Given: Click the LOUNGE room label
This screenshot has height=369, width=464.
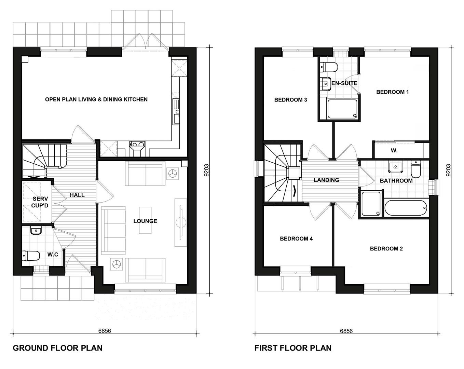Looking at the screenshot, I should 145,221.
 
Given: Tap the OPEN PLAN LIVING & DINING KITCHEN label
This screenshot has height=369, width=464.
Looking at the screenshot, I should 96,99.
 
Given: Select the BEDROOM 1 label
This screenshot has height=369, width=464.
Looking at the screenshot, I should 392,92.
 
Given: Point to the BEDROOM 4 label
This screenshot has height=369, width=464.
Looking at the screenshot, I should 296,239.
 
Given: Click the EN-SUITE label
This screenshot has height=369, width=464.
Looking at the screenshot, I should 344,83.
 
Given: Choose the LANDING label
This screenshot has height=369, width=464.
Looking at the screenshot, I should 326,180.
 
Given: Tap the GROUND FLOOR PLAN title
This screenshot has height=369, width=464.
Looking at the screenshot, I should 57,348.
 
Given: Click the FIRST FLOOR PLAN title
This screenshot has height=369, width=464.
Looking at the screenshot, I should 293,348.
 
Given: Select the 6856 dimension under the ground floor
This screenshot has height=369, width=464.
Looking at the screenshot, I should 105,331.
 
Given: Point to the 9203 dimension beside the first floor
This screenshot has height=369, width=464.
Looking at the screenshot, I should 449,170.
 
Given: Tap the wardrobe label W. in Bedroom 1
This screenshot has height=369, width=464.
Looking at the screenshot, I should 394,150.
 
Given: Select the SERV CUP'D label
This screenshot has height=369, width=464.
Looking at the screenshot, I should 40,202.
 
